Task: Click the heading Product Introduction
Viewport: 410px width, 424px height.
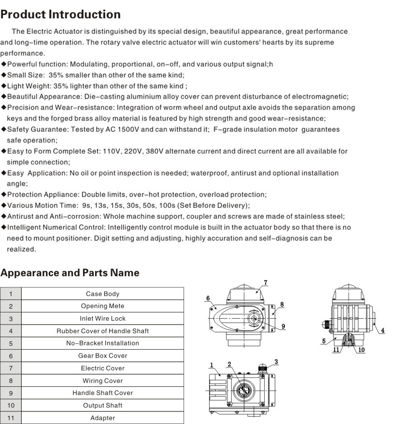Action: tap(60, 14)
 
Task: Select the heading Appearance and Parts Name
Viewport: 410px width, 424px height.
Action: tap(70, 273)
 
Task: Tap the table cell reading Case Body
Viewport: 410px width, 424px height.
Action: tap(102, 294)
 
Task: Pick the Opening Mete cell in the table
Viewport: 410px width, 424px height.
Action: tap(102, 306)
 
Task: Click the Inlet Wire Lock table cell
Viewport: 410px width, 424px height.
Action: tap(102, 318)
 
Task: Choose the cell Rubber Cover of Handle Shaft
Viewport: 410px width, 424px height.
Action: tap(102, 331)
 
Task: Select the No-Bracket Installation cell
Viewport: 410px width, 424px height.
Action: tap(102, 343)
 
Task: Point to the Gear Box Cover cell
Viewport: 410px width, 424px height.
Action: tap(102, 356)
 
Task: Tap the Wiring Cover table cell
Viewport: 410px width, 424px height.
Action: tap(102, 381)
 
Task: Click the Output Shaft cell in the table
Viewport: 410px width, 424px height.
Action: tap(102, 405)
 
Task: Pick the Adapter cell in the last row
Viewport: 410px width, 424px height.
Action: tap(102, 418)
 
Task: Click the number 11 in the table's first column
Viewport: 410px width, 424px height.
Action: tap(11, 418)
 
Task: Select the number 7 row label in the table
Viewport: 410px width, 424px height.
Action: tap(11, 368)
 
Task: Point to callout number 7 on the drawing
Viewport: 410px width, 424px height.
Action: tap(265, 283)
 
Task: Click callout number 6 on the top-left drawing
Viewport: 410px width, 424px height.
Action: tap(208, 298)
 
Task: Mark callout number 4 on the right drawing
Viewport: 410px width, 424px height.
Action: tap(382, 330)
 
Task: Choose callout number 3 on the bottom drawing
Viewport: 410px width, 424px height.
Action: tap(276, 362)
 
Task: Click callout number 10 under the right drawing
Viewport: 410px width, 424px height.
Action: tap(361, 350)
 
